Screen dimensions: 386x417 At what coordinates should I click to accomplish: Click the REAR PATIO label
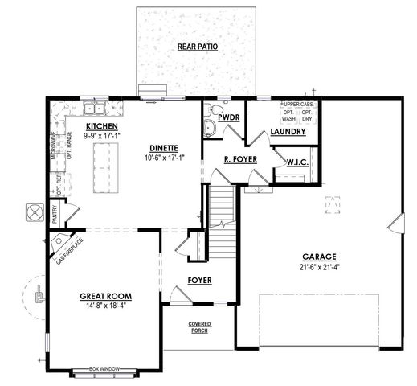(197, 47)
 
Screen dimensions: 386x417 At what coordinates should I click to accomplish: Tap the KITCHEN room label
(104, 128)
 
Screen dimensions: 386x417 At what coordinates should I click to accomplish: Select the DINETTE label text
(163, 148)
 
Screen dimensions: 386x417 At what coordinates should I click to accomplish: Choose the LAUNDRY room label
(288, 131)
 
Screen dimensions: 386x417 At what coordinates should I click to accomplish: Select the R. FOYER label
(240, 159)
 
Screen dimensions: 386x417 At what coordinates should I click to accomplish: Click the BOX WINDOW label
(104, 368)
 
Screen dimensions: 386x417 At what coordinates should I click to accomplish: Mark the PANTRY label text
(54, 213)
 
